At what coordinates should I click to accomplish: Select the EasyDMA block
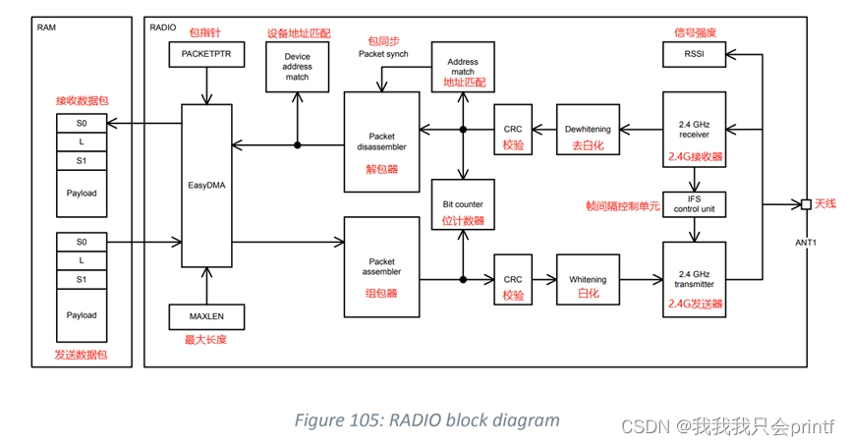click(x=207, y=184)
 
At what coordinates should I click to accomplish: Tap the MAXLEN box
click(x=205, y=316)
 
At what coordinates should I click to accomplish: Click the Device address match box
click(x=297, y=67)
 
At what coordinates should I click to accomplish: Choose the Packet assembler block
click(x=381, y=267)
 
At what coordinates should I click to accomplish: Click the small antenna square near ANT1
click(x=806, y=204)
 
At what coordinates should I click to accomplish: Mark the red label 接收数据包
click(x=83, y=100)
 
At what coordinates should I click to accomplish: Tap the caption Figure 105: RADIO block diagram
click(x=426, y=419)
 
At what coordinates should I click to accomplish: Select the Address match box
click(x=462, y=67)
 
